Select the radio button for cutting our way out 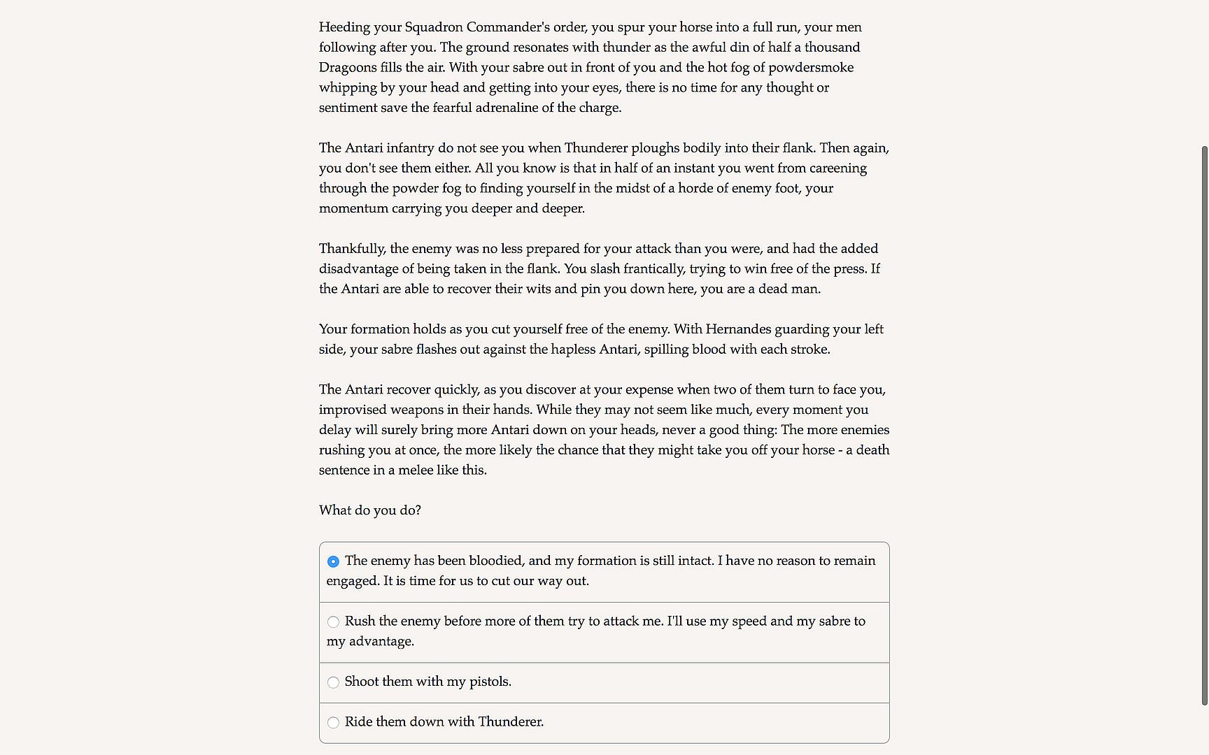pos(333,561)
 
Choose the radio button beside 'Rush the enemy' pos(333,622)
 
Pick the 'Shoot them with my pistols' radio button pos(333,682)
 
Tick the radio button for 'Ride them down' pos(333,723)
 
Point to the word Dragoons pos(346,68)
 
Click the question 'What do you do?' pos(370,510)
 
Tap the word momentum pos(353,208)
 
